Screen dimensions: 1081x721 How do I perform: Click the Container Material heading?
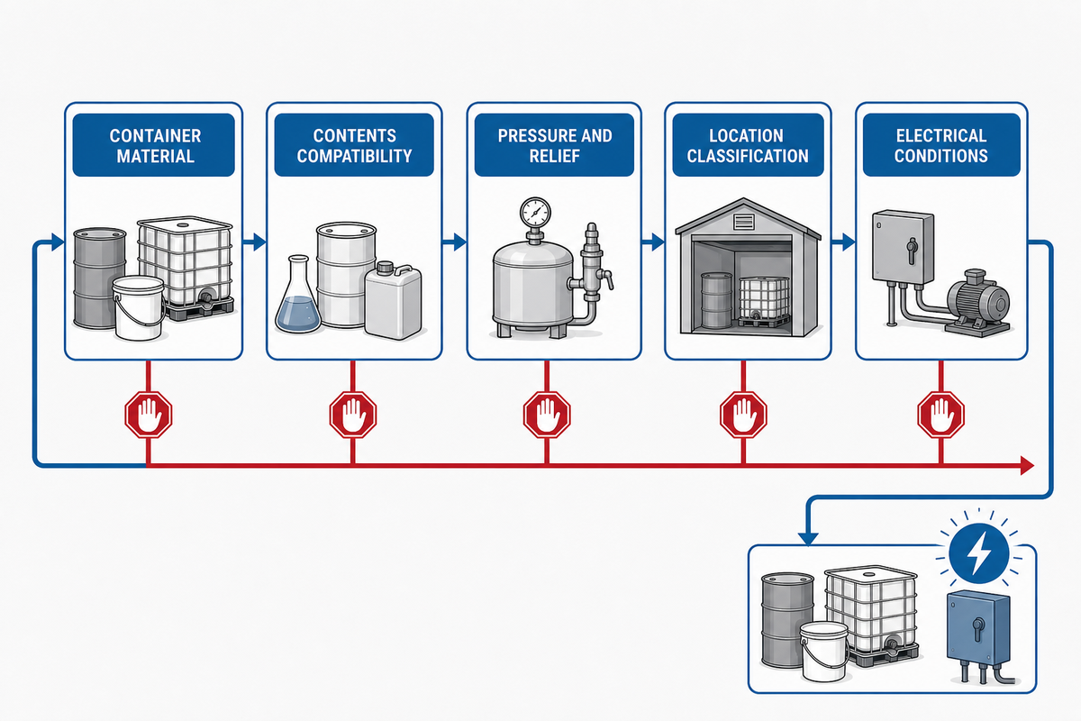point(155,145)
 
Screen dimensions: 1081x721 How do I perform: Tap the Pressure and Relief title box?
point(554,145)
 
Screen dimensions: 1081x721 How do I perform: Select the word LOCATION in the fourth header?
point(746,136)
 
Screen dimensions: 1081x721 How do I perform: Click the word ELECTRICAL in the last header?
point(941,136)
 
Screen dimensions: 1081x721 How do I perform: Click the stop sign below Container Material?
point(149,415)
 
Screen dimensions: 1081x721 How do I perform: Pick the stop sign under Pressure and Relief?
point(547,415)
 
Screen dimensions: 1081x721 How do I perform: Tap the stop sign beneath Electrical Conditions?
point(941,415)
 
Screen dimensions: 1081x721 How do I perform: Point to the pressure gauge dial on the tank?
point(535,212)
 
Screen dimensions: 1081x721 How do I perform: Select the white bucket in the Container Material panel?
point(138,307)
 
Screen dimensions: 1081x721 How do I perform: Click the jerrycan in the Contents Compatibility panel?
point(394,299)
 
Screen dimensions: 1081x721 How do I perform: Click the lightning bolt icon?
point(978,553)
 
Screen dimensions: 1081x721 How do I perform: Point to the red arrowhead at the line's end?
point(1026,466)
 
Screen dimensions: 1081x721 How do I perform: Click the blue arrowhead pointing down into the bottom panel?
point(808,538)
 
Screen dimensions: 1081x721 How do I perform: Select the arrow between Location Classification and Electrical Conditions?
point(843,242)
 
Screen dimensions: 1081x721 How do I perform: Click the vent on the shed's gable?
point(744,222)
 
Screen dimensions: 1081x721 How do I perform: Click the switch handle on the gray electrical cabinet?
point(912,251)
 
